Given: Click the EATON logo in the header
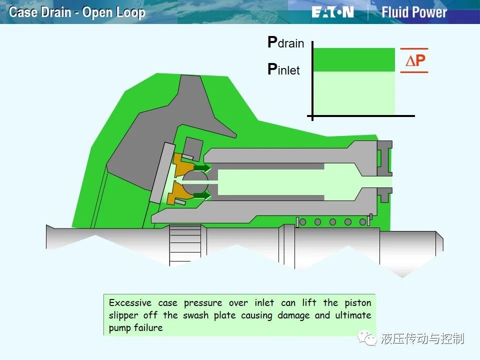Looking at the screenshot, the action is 333,12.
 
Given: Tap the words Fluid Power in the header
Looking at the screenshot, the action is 414,12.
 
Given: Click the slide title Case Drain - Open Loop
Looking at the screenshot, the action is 77,12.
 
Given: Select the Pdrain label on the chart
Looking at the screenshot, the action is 285,42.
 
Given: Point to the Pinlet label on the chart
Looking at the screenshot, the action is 283,69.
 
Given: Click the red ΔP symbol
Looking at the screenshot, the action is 415,60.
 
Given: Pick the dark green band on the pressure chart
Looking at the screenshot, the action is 354,59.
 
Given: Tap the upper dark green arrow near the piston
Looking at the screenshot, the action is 202,168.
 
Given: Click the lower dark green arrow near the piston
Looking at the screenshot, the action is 202,195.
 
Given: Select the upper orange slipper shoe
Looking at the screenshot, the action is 183,165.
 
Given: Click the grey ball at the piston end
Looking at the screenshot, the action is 195,182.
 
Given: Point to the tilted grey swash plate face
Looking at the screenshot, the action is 161,173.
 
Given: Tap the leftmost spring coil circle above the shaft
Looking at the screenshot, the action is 303,222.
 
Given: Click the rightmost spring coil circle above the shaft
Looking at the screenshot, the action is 363,222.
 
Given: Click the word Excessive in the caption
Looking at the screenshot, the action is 130,303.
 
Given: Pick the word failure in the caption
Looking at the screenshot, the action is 149,327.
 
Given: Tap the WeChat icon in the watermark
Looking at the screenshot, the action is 367,338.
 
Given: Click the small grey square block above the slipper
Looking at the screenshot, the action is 193,147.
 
